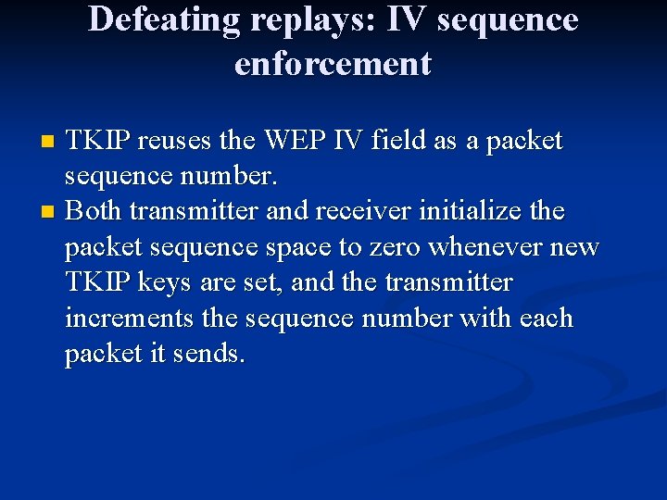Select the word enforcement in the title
333,64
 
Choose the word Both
94,212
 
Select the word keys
187,283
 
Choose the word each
547,319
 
